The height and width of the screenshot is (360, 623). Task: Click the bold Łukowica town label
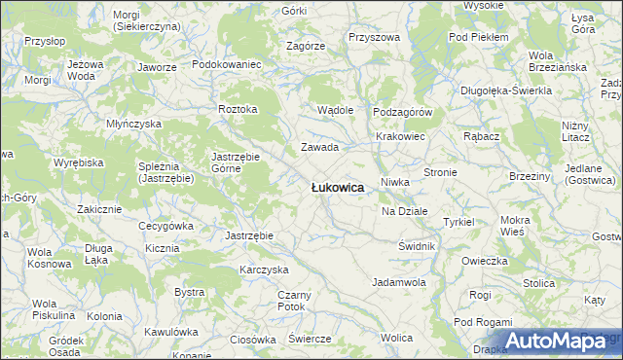click(x=337, y=187)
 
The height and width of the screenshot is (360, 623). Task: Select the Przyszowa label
click(x=374, y=37)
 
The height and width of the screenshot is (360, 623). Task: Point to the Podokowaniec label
click(x=228, y=64)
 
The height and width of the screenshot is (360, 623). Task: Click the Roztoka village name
click(x=238, y=109)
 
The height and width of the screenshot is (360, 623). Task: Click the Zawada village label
click(x=318, y=148)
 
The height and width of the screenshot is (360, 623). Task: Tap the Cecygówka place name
click(x=165, y=226)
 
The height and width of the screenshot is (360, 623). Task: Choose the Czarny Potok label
click(x=292, y=300)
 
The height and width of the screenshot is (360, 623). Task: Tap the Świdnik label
click(x=416, y=246)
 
